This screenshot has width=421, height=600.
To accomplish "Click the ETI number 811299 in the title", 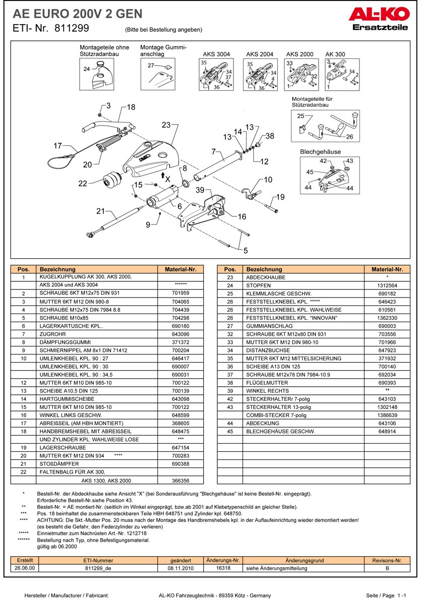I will (70, 29).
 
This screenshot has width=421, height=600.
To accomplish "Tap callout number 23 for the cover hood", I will (166, 125).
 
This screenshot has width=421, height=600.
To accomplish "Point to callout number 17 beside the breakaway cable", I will (58, 146).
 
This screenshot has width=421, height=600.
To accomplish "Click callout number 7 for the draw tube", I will (214, 151).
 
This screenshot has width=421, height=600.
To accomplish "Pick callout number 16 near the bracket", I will (242, 216).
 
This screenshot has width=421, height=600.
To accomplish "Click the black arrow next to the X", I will (162, 174).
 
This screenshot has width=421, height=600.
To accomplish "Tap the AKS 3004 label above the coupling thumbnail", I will (216, 54).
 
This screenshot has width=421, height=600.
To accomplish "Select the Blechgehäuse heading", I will (320, 152).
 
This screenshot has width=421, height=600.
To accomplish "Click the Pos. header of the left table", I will (24, 270).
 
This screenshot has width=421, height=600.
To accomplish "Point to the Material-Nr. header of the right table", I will (387, 270).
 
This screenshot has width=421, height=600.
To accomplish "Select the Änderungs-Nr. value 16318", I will (223, 568).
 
